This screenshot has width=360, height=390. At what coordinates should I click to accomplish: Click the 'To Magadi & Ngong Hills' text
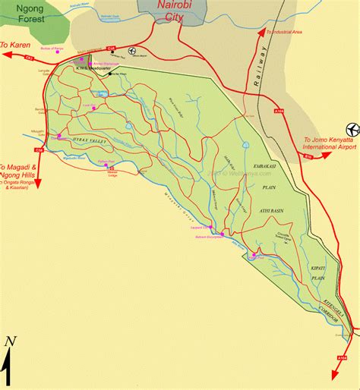pos(21,171)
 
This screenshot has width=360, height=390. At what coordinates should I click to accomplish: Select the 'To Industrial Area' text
pos(286,33)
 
